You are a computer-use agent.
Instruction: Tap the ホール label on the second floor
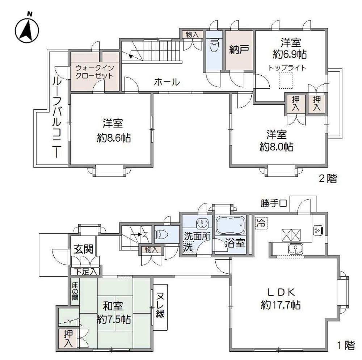[167, 82]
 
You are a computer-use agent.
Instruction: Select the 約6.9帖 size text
[290, 55]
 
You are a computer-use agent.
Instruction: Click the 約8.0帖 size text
[277, 147]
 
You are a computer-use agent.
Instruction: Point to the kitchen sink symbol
[296, 248]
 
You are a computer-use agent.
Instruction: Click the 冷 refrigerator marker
[260, 222]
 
